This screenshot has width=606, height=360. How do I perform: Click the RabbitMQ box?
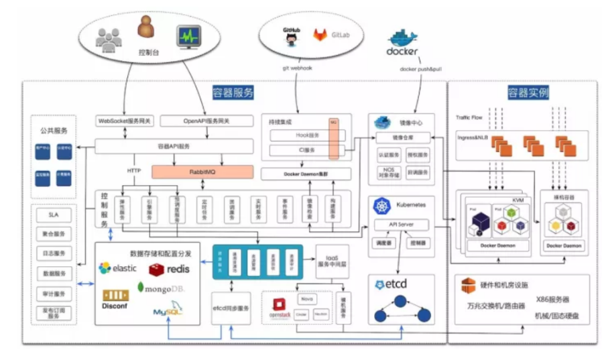coord(202,172)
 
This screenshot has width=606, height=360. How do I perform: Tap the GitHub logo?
coord(291,36)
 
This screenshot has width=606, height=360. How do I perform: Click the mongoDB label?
coord(160,288)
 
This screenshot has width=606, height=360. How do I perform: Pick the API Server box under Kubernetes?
coord(401,225)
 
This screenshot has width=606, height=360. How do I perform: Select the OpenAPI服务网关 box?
coord(206,121)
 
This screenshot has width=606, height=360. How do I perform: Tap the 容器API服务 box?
coord(174,145)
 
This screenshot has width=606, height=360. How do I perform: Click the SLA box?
coord(54,216)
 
